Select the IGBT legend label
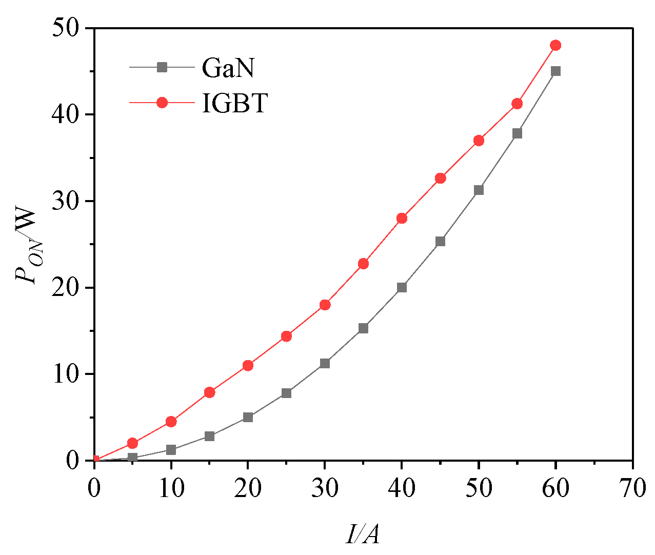(x=235, y=103)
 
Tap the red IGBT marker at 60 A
(x=555, y=45)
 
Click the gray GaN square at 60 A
(x=555, y=71)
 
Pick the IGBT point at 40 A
(x=402, y=218)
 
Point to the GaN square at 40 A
(x=402, y=287)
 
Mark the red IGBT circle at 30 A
(x=325, y=305)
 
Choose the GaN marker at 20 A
(x=248, y=417)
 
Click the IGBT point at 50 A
(x=479, y=141)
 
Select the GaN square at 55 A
(x=517, y=133)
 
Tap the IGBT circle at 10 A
(x=171, y=422)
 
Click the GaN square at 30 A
(x=325, y=363)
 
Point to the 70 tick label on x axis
(x=632, y=487)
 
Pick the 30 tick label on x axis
(x=325, y=487)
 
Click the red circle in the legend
(x=162, y=103)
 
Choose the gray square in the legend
(x=162, y=67)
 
